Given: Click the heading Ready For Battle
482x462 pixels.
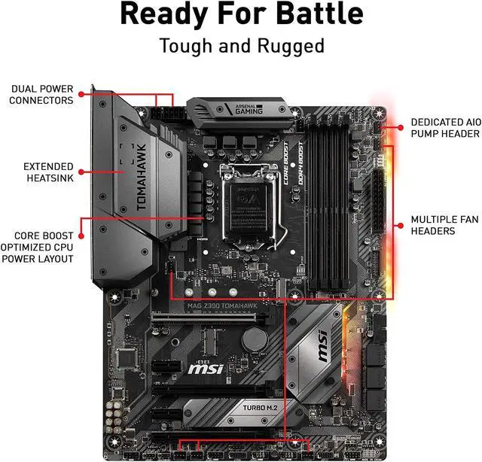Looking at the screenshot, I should (x=241, y=15).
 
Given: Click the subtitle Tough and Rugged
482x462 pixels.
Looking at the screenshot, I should (x=241, y=46).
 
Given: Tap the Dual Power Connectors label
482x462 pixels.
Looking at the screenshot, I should (x=42, y=94).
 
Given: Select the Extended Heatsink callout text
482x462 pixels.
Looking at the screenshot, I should (x=48, y=172).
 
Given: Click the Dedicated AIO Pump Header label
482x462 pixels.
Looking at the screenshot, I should (x=444, y=127).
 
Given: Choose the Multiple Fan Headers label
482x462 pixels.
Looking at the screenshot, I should (x=444, y=225).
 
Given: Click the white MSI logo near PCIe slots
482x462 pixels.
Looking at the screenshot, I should (x=206, y=369).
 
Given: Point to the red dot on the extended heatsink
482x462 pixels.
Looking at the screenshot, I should (x=80, y=172).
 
